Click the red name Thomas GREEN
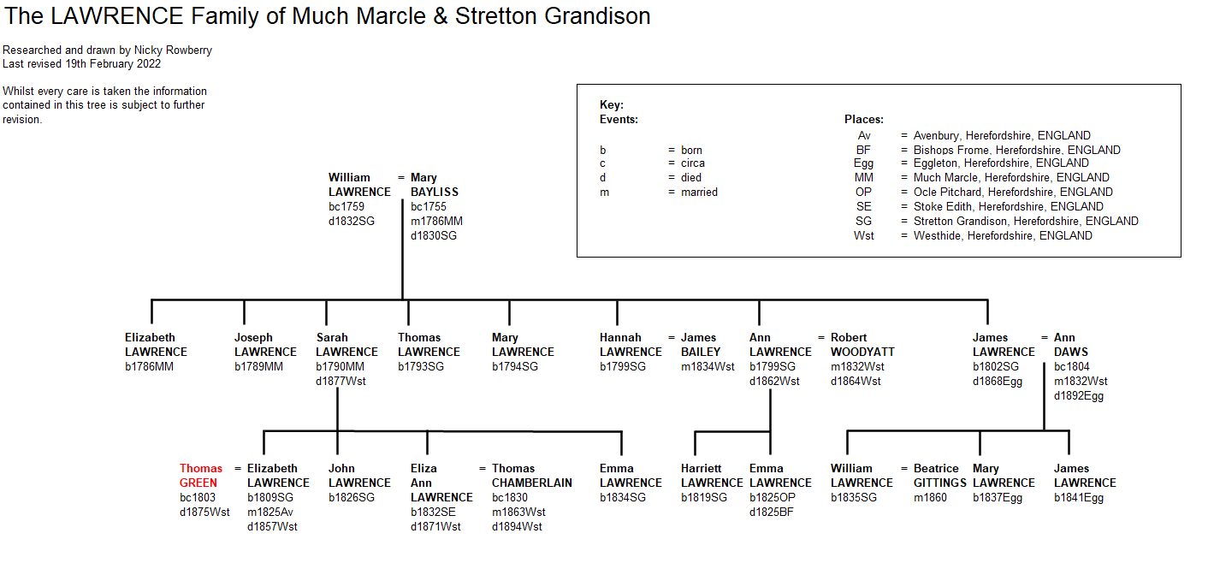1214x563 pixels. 200,475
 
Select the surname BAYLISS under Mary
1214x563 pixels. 434,192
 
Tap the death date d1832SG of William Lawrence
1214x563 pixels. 351,221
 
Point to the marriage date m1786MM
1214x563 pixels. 436,221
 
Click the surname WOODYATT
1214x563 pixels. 862,352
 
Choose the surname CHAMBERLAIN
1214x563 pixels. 531,483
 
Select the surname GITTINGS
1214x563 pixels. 939,483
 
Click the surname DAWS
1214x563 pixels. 1070,352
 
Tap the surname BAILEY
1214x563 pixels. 700,352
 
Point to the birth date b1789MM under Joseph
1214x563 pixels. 258,366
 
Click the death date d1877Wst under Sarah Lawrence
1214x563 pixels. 341,381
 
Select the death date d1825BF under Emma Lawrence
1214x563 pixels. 771,512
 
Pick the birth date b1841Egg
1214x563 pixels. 1079,497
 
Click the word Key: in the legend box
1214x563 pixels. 612,104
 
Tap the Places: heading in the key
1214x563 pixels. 863,119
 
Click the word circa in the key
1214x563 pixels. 693,163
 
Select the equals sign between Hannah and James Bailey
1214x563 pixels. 672,338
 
